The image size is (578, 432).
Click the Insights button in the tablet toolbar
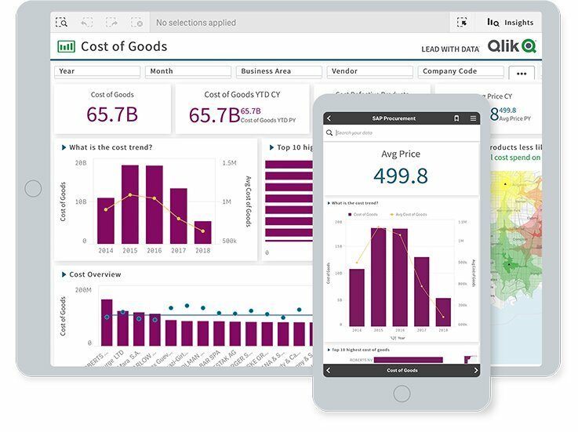point(511,23)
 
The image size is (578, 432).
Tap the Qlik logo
point(511,47)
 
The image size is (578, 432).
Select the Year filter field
point(97,71)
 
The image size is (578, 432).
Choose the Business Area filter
point(278,71)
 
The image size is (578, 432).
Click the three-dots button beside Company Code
point(522,73)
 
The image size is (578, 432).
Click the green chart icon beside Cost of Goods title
point(66,47)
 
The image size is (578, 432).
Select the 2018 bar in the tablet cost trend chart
point(203,232)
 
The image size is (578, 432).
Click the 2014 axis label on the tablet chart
point(105,251)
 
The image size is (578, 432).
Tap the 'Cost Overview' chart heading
point(95,274)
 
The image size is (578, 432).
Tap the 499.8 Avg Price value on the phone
point(401,176)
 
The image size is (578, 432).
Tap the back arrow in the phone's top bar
point(329,118)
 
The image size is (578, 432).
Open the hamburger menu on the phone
point(473,118)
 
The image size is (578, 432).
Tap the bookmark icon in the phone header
point(456,118)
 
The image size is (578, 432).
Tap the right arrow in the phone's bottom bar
point(475,370)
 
